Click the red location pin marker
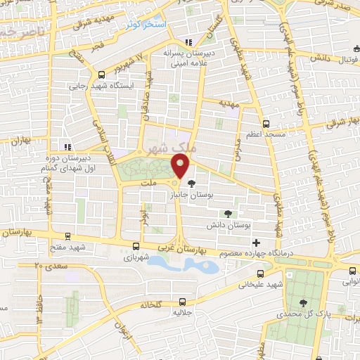click(181, 167)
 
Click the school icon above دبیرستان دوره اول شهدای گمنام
click(67, 147)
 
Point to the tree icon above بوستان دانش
click(226, 214)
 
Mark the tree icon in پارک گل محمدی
click(303, 302)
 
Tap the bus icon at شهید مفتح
click(67, 237)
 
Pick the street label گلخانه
click(149, 304)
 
